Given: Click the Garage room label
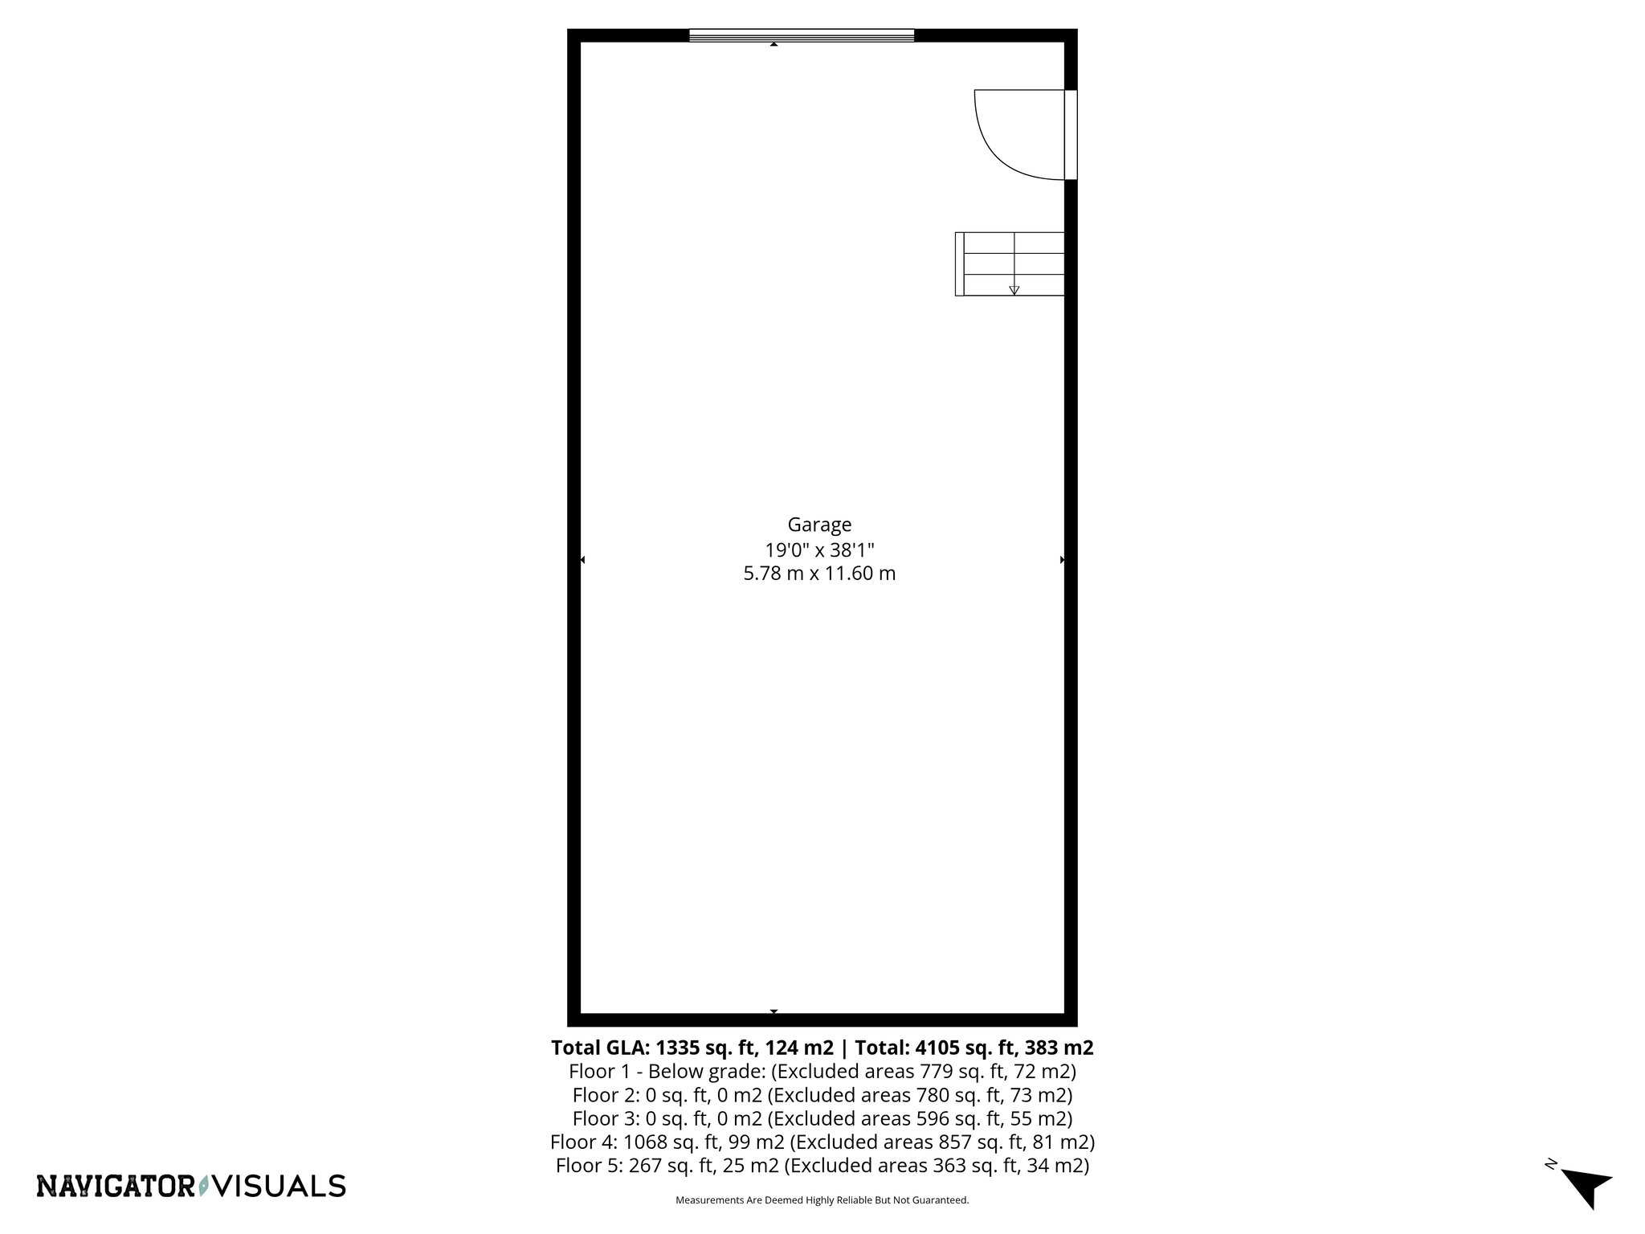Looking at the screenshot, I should tap(819, 525).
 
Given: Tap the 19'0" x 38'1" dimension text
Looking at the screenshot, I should tap(819, 550).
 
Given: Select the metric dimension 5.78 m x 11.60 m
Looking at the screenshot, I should tap(819, 574).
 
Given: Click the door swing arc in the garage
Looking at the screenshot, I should tap(1004, 149).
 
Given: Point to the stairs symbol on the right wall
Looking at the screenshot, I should tap(1010, 264).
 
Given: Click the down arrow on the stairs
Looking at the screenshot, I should tap(1014, 290).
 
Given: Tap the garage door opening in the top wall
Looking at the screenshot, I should tap(802, 35).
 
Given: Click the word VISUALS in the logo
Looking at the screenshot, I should tap(282, 1186).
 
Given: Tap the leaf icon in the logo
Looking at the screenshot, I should tap(204, 1186).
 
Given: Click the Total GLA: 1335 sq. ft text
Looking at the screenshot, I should tap(692, 1048).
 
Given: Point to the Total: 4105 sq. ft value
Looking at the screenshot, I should tap(974, 1048).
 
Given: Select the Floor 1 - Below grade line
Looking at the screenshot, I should tap(822, 1071).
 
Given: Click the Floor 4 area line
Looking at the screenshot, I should tap(822, 1142).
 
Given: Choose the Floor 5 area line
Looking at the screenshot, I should tap(822, 1165).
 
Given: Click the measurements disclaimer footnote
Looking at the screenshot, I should tap(822, 1200).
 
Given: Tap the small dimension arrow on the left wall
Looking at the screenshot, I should tap(582, 560).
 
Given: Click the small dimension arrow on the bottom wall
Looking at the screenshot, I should tap(774, 1011).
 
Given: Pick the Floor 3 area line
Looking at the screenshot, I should tap(822, 1118).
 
